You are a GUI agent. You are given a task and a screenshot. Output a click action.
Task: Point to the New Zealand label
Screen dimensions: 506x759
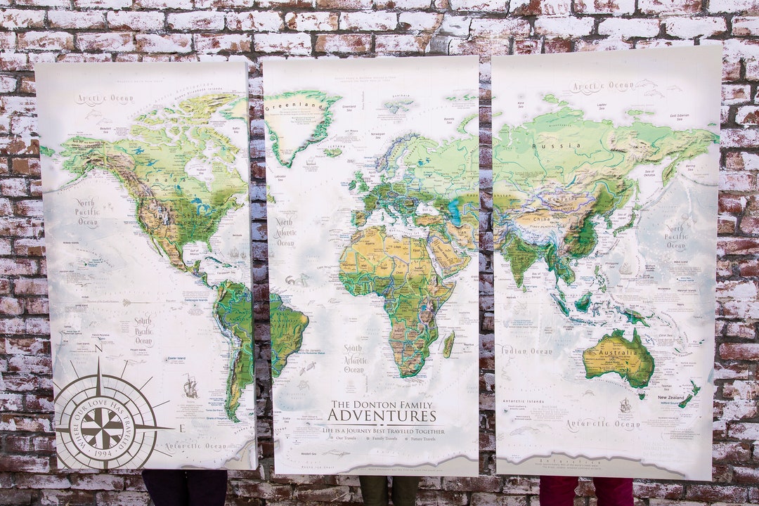[x=671, y=398]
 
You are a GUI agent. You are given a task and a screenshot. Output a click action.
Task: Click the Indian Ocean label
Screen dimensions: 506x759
[x=527, y=350]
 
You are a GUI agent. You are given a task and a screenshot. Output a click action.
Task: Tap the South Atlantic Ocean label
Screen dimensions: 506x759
[x=353, y=358]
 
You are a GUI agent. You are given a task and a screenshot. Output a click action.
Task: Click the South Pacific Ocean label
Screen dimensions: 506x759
[x=143, y=331]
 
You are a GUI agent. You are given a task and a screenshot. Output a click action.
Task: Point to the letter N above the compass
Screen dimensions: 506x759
[x=98, y=347]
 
